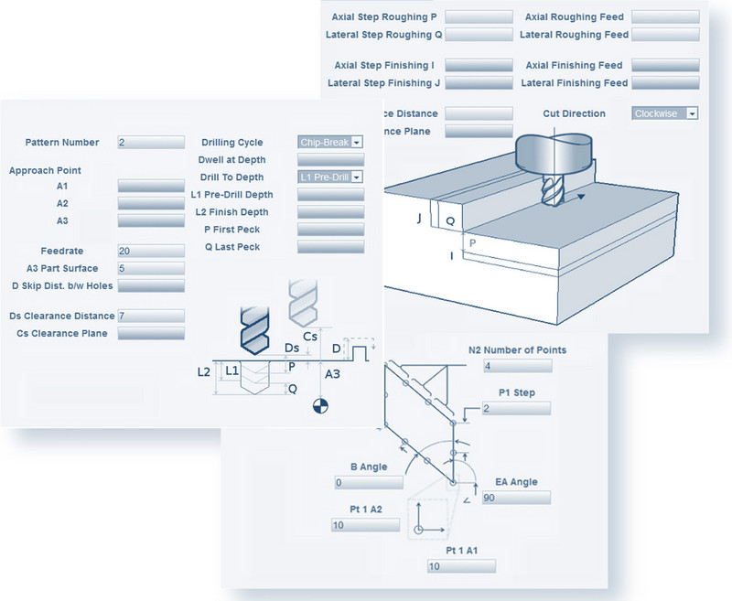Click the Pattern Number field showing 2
[151, 143]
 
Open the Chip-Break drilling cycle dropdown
[330, 143]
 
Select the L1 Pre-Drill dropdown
[330, 177]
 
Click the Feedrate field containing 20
[151, 251]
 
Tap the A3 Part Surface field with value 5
[151, 268]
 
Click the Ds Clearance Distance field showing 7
[151, 316]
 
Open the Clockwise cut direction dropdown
[665, 113]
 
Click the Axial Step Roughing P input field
[479, 17]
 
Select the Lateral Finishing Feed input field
[665, 83]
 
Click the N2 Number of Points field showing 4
[518, 366]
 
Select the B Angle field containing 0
[369, 482]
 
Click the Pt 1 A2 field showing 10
[365, 525]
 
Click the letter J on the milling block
[419, 220]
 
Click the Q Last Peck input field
[330, 247]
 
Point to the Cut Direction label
[574, 113]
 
